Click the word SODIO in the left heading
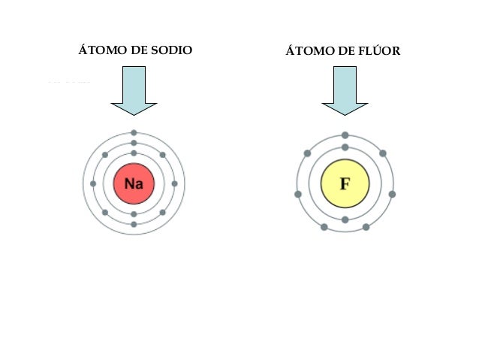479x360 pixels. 172,51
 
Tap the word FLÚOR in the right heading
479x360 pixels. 379,52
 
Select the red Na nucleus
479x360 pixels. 134,183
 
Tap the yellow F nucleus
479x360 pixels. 345,183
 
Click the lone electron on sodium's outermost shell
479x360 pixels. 134,133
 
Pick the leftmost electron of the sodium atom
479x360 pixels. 93,183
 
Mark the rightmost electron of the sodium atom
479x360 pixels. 174,183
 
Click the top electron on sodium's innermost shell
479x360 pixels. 134,153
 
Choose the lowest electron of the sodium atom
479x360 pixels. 134,224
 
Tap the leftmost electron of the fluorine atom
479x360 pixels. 298,194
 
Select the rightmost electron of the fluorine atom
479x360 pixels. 392,194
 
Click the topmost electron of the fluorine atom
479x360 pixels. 345,135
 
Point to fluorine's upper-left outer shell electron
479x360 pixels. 307,153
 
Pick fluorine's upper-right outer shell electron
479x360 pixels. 383,153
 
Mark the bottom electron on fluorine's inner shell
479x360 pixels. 345,219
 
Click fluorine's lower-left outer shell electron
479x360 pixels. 324,226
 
